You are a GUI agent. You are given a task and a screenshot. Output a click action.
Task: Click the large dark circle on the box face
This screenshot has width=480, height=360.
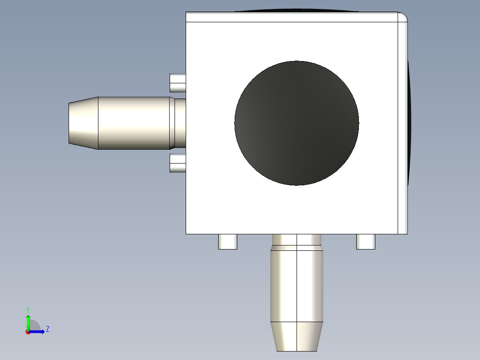297,123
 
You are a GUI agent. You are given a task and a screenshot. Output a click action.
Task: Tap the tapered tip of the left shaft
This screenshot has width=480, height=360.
83,123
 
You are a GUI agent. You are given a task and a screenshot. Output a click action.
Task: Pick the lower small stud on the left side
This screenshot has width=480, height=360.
178,164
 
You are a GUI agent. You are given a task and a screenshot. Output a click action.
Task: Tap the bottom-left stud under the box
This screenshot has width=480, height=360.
228,241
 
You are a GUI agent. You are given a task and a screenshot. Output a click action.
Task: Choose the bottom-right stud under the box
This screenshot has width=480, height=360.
366,241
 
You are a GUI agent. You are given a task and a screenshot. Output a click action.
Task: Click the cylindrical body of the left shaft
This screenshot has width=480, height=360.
134,123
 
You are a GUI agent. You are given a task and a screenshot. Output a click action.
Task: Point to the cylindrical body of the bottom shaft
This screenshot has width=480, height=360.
297,285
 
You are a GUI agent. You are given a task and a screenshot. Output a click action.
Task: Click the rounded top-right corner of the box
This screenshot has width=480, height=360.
403,17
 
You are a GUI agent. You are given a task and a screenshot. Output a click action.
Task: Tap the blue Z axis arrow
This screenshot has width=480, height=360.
38,331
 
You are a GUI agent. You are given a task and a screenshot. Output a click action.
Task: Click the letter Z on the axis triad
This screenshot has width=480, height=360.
47,329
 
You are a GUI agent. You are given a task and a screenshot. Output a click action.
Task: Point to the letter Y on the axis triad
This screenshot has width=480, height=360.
28,309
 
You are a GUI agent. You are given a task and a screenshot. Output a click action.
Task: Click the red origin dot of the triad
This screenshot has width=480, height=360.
28,332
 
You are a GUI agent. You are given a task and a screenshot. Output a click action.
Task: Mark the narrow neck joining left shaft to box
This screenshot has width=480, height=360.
180,123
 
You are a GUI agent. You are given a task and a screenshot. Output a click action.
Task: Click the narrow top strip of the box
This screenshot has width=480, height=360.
292,17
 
